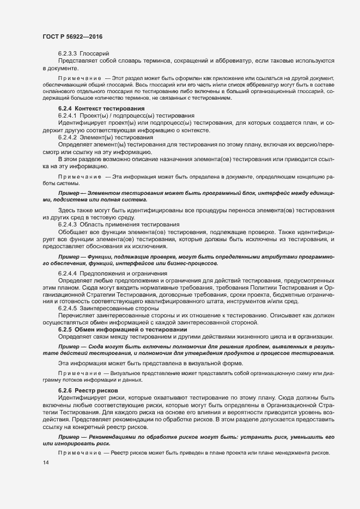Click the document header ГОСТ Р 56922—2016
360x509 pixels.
[x=72, y=36]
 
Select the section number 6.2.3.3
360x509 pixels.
[x=68, y=53]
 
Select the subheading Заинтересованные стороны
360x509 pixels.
[x=121, y=308]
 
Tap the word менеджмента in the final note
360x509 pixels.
[x=294, y=454]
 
